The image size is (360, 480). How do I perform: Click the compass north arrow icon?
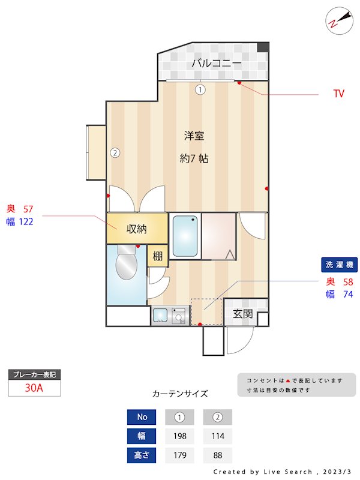point(339,20)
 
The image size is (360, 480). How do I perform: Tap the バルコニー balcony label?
point(216,63)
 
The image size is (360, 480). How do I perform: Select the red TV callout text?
point(339,94)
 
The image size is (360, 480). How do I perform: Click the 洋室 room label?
point(194,136)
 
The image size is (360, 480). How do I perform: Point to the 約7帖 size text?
point(194,158)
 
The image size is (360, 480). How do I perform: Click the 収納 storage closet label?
point(137,229)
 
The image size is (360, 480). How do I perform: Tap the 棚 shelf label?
point(157,256)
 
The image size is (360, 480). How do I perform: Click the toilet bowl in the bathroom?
point(127,263)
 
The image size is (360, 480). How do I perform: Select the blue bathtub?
point(185,236)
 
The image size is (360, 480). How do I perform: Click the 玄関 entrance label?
point(243,313)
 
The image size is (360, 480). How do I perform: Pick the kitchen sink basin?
point(160,316)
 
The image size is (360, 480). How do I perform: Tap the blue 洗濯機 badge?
point(339,265)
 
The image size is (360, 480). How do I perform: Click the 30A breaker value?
point(34,388)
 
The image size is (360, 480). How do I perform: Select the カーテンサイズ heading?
point(180,394)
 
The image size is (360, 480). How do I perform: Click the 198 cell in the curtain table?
point(179,436)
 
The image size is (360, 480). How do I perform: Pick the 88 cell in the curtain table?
point(218,455)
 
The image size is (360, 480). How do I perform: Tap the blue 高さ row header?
point(142,455)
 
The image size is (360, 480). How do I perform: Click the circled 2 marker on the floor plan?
point(115,152)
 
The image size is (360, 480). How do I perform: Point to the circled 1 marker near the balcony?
point(200,89)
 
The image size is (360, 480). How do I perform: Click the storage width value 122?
point(26,221)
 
